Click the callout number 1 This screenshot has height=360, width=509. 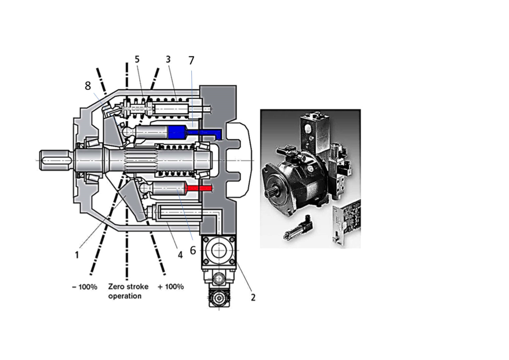pyautogui.click(x=77, y=255)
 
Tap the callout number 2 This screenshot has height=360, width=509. pyautogui.click(x=253, y=297)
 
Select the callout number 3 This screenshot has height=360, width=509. pyautogui.click(x=168, y=59)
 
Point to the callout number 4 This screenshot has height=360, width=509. pyautogui.click(x=180, y=255)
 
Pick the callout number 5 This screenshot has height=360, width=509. pyautogui.click(x=137, y=59)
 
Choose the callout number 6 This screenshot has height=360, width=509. pyautogui.click(x=193, y=250)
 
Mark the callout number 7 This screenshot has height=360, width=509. pyautogui.click(x=191, y=60)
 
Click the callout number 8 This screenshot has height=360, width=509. pyautogui.click(x=88, y=86)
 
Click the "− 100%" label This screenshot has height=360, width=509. pyautogui.click(x=84, y=287)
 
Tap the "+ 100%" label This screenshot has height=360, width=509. pyautogui.click(x=171, y=287)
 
